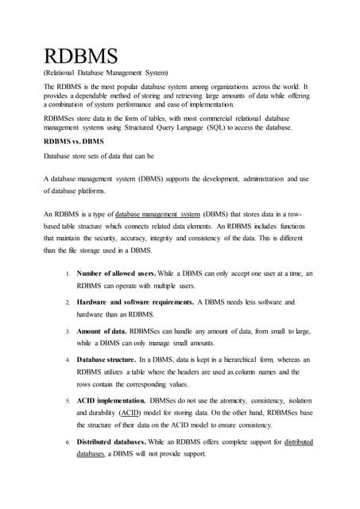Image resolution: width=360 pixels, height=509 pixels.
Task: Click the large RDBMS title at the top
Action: click(x=81, y=57)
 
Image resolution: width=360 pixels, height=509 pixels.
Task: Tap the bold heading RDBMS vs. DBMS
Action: click(x=74, y=141)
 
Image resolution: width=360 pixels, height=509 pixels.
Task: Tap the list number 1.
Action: click(x=68, y=274)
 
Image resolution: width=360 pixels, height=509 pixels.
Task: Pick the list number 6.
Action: click(x=68, y=442)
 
